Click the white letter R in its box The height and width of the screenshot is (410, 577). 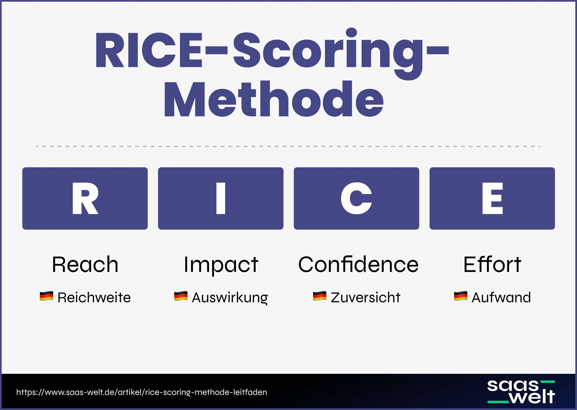[85, 198]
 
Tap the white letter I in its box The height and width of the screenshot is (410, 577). [221, 198]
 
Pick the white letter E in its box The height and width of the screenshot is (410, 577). [492, 198]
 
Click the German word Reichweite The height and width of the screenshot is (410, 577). [94, 297]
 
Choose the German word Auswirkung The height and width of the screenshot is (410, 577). [230, 297]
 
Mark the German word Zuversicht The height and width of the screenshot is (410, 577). [365, 297]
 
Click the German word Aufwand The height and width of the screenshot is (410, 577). [501, 297]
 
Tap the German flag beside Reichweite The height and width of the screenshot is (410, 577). [47, 296]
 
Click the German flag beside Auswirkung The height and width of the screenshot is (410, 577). [181, 296]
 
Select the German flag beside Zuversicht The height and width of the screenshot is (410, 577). [320, 296]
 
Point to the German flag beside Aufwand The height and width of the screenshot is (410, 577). [461, 296]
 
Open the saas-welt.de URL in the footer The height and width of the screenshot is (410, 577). [142, 392]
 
